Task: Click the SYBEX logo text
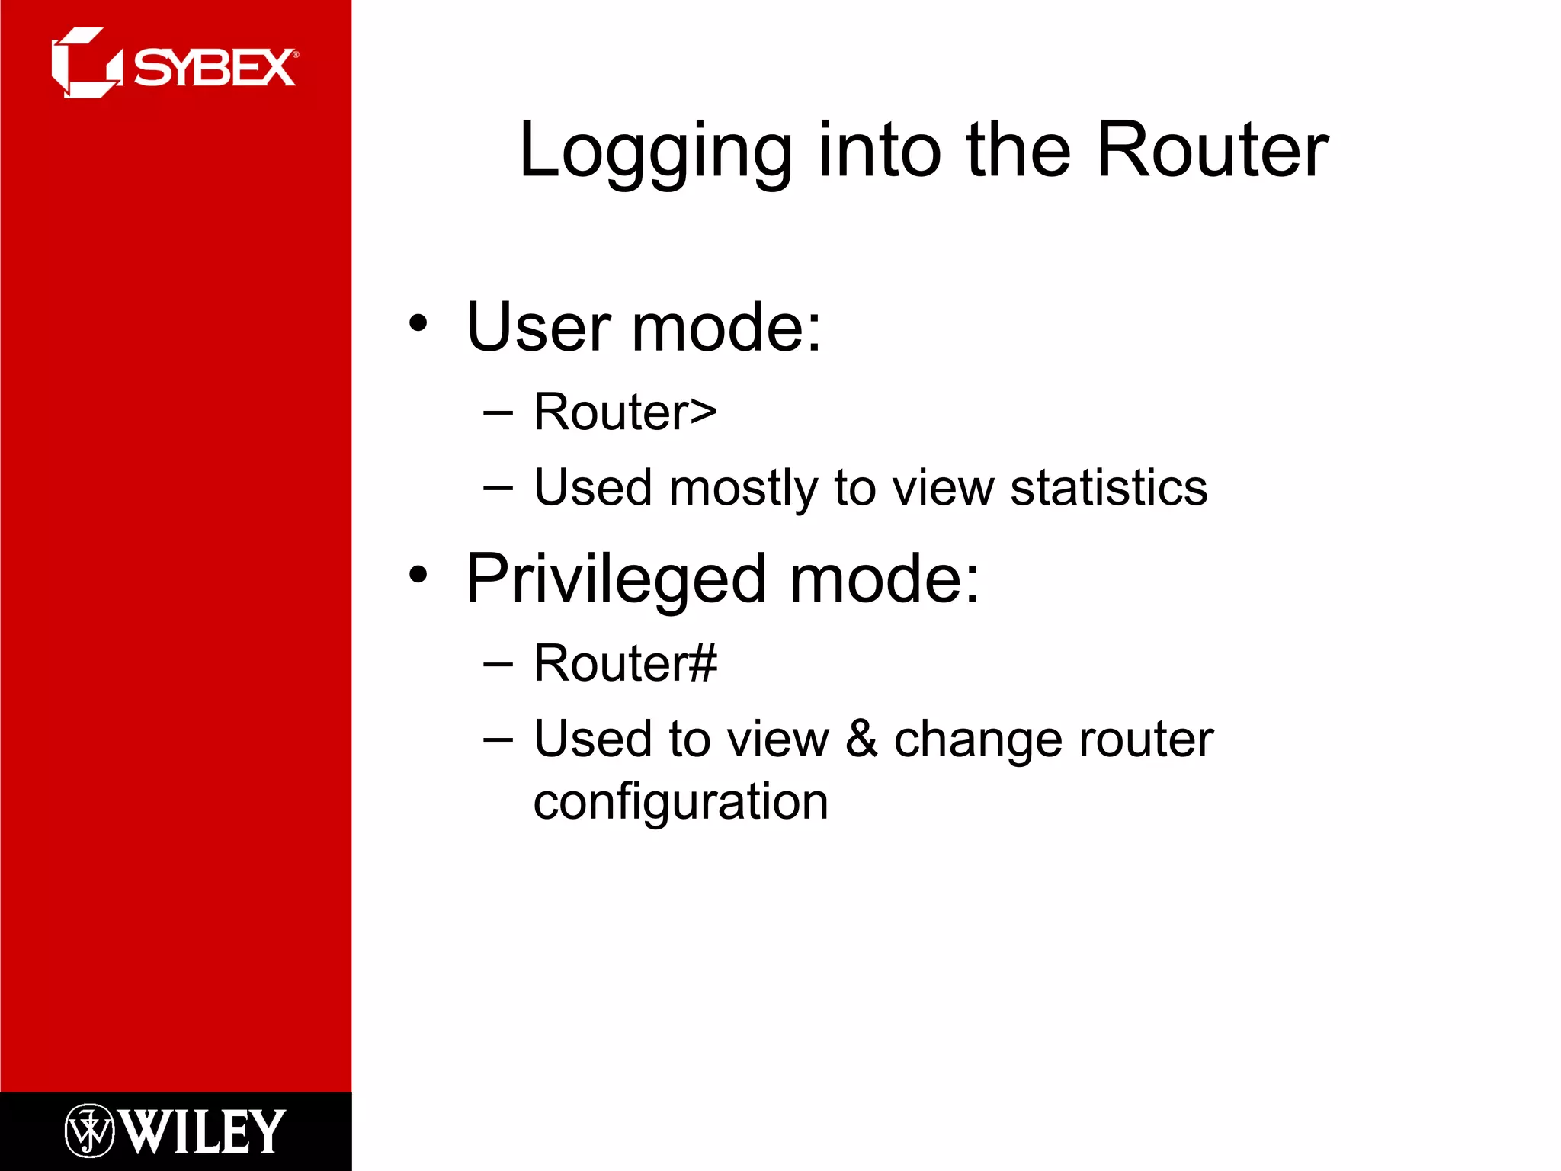(x=214, y=68)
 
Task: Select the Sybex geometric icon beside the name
(x=85, y=63)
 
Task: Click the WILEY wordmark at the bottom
(x=203, y=1131)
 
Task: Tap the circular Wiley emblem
(x=89, y=1131)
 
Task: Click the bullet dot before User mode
(x=418, y=323)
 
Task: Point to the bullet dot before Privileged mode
(x=418, y=575)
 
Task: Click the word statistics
(x=1108, y=488)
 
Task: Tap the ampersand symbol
(x=861, y=738)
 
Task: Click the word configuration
(x=680, y=803)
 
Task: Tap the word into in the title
(x=880, y=151)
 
